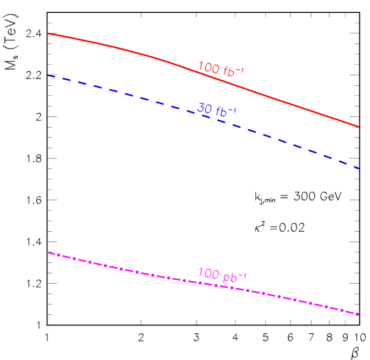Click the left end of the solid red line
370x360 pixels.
[48, 33]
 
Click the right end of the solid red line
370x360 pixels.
[359, 127]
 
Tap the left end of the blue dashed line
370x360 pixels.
[48, 75]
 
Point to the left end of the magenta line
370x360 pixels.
[48, 252]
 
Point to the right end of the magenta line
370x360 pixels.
[359, 314]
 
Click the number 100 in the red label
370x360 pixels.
[209, 67]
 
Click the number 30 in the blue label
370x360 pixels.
[205, 108]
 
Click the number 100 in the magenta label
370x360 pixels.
[209, 274]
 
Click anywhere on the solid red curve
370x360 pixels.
[139, 53]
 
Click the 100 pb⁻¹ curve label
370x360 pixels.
[222, 275]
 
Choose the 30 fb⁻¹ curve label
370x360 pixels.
[217, 110]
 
